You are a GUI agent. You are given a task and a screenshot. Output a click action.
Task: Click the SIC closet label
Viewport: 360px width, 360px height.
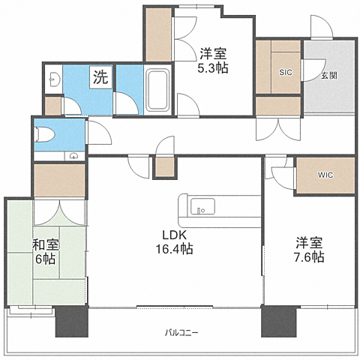tap(286, 73)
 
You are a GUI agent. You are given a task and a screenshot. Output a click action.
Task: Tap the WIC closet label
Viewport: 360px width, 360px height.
tap(325, 175)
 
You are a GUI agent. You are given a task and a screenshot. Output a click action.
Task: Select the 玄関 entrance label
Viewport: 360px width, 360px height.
tap(329, 76)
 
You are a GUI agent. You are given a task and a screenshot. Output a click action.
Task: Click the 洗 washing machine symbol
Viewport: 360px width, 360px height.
tap(101, 77)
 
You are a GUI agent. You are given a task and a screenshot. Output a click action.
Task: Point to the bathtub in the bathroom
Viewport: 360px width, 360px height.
tap(157, 90)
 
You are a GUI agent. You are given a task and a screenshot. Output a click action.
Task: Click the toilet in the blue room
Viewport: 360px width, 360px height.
tap(45, 135)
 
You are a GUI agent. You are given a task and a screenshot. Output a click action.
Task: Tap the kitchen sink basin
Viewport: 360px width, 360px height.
tap(202, 206)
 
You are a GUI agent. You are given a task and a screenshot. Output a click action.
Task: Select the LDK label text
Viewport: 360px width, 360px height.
tap(175, 235)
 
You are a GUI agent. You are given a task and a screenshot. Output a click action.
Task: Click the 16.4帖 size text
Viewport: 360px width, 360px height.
tap(175, 249)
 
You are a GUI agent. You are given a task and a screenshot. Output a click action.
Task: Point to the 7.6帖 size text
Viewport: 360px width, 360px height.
tap(309, 256)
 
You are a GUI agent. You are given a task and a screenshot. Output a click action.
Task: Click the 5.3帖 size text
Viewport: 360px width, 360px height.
tap(213, 67)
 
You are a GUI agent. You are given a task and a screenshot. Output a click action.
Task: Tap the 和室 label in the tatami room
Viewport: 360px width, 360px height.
tap(46, 245)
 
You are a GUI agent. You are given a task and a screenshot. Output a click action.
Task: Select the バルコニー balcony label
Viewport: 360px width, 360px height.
tap(181, 333)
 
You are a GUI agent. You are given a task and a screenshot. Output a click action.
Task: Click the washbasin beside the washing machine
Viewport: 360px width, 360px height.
tap(53, 79)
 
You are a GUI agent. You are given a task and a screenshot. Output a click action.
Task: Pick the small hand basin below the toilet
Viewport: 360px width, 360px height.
tap(73, 156)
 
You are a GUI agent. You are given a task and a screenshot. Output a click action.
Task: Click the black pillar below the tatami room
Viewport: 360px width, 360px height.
tap(72, 321)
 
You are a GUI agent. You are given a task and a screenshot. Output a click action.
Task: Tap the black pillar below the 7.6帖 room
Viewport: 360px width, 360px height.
tap(279, 321)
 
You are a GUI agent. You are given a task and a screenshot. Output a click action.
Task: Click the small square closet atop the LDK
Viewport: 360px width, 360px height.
tap(165, 166)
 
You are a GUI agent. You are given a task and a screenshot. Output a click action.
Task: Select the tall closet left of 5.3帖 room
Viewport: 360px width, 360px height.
tap(159, 35)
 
